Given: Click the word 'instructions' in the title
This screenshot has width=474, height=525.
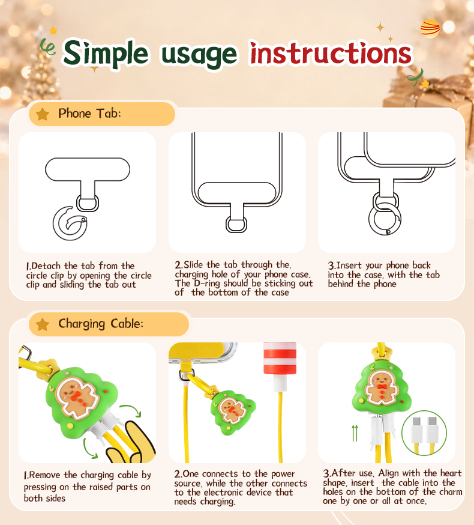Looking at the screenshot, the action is pos(331,53).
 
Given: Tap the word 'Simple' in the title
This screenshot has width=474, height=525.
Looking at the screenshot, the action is pos(106,53).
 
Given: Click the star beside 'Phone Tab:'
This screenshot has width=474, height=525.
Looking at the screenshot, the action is pos(43,114).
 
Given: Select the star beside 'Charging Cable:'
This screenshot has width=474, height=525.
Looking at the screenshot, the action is pos(43,324).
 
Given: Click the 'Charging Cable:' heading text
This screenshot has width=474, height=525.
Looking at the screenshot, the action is pos(101,324).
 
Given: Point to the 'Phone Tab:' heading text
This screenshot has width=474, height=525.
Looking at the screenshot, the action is pos(89,113).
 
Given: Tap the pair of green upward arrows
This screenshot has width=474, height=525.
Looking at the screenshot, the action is pos(355,433).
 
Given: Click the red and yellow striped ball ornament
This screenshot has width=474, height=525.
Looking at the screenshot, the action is pos(430,29).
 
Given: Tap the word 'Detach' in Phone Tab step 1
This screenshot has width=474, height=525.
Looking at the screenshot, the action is pos(46,266).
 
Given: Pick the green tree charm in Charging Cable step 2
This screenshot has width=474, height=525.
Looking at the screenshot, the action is pos(233,411).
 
